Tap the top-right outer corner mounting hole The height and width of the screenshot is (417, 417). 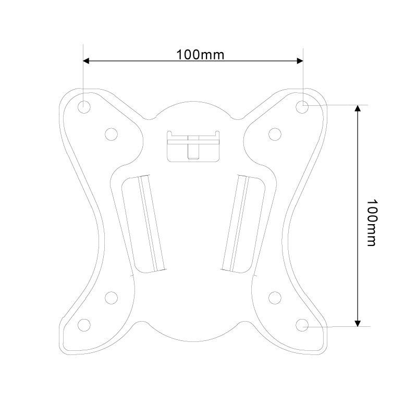point(302,106)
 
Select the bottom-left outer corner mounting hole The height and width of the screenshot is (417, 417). point(83,324)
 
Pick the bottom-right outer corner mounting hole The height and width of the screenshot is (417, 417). point(302,324)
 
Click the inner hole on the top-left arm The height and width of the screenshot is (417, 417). point(111,134)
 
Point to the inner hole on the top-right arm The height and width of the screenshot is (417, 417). point(275,134)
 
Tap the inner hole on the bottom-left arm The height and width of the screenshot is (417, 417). point(111,297)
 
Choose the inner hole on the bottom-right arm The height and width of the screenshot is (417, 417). point(275,297)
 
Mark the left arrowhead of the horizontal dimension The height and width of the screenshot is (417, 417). point(87,61)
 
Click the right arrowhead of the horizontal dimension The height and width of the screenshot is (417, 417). point(299,61)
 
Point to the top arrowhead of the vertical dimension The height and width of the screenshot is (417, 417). point(358,108)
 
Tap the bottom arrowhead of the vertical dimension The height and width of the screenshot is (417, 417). point(358,323)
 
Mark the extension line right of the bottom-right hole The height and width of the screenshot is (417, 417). point(339,327)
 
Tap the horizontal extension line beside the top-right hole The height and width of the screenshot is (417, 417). point(339,105)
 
